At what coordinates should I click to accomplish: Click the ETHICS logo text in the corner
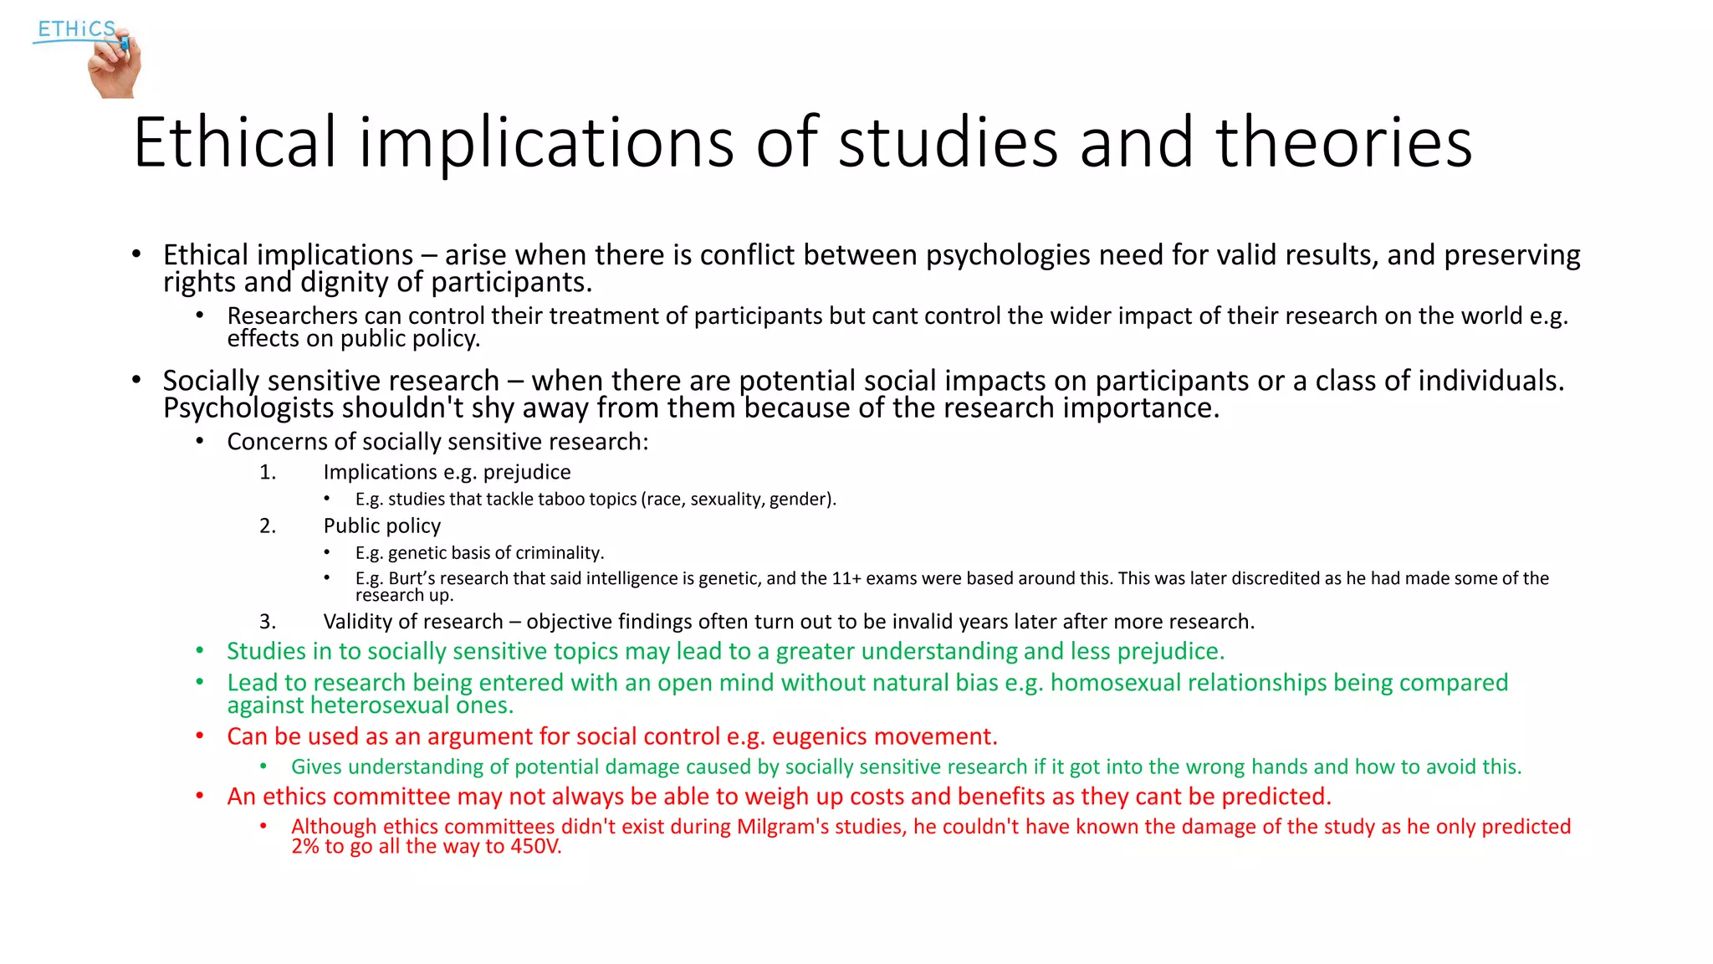[x=76, y=29]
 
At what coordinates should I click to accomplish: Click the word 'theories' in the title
[x=1343, y=143]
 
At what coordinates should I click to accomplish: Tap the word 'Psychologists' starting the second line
[x=248, y=408]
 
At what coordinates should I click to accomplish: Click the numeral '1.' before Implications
[x=268, y=473]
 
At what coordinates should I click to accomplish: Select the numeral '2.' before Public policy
[x=268, y=526]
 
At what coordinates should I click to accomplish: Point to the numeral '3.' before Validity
[x=268, y=622]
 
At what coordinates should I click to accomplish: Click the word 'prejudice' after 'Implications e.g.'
[x=527, y=473]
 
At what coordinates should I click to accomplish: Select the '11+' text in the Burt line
[x=846, y=578]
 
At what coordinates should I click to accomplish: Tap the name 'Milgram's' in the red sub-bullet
[x=782, y=827]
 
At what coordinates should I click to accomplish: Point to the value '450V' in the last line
[x=535, y=847]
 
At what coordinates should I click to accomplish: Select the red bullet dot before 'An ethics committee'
[x=200, y=796]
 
